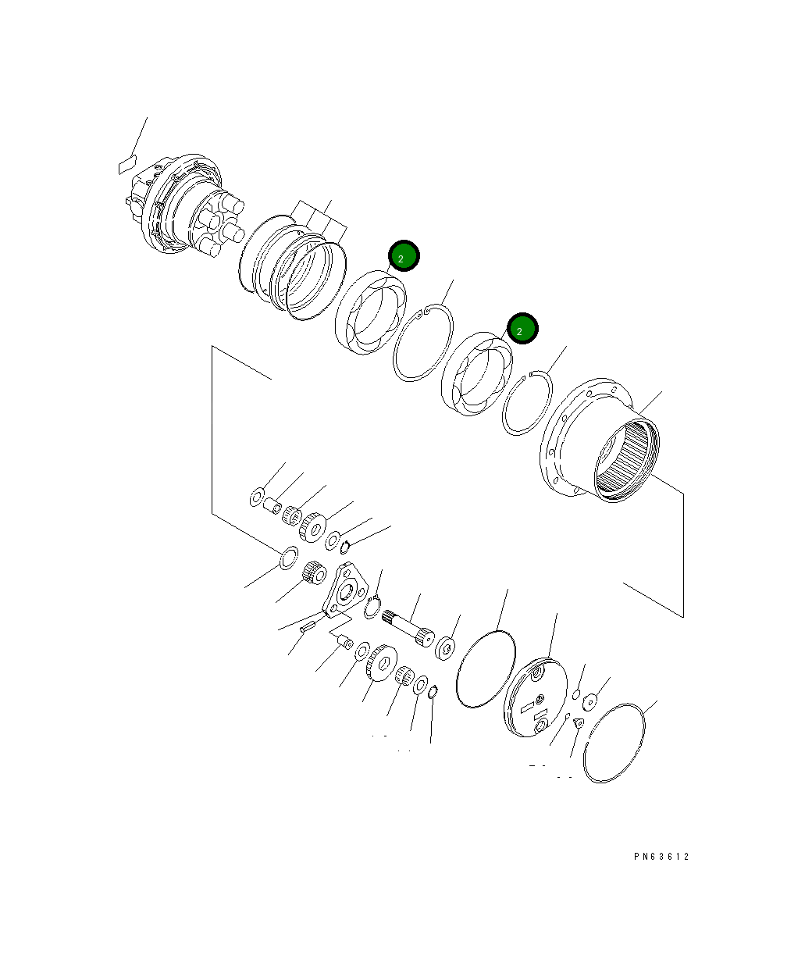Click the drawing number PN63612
(x=661, y=857)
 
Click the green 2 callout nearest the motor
(x=404, y=256)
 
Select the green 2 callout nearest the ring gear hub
(x=522, y=329)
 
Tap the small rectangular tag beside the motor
(x=126, y=165)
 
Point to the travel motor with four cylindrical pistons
(x=183, y=207)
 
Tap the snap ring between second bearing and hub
(x=527, y=403)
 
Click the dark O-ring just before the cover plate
(x=485, y=669)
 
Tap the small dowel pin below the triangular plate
(x=307, y=624)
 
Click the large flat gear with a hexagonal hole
(x=380, y=663)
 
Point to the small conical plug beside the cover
(x=579, y=724)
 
